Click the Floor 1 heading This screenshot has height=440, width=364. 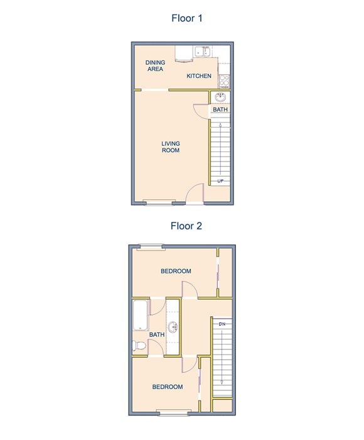point(187,18)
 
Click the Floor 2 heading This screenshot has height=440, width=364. point(187,226)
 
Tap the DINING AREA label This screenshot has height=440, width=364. point(154,65)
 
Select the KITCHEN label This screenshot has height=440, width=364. point(198,77)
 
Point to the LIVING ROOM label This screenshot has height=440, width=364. point(171,147)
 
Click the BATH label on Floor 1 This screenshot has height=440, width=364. point(220,109)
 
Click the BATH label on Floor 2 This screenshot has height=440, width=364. point(157,334)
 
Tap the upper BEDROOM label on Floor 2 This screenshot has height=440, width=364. point(176,271)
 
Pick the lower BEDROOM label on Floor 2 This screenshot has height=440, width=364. point(168,387)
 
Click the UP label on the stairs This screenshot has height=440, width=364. point(220,181)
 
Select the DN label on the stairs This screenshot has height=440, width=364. point(222,324)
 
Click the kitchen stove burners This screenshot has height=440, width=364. point(224,80)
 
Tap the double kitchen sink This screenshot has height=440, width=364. point(202,52)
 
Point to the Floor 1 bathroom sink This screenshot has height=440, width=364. point(220,97)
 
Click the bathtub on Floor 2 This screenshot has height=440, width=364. point(140,316)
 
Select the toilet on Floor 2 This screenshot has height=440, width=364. point(139,346)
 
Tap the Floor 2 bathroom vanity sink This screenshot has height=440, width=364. point(173,326)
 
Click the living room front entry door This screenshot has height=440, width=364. point(195,194)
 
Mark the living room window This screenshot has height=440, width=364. point(158,202)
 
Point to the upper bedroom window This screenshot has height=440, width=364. point(151,246)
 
